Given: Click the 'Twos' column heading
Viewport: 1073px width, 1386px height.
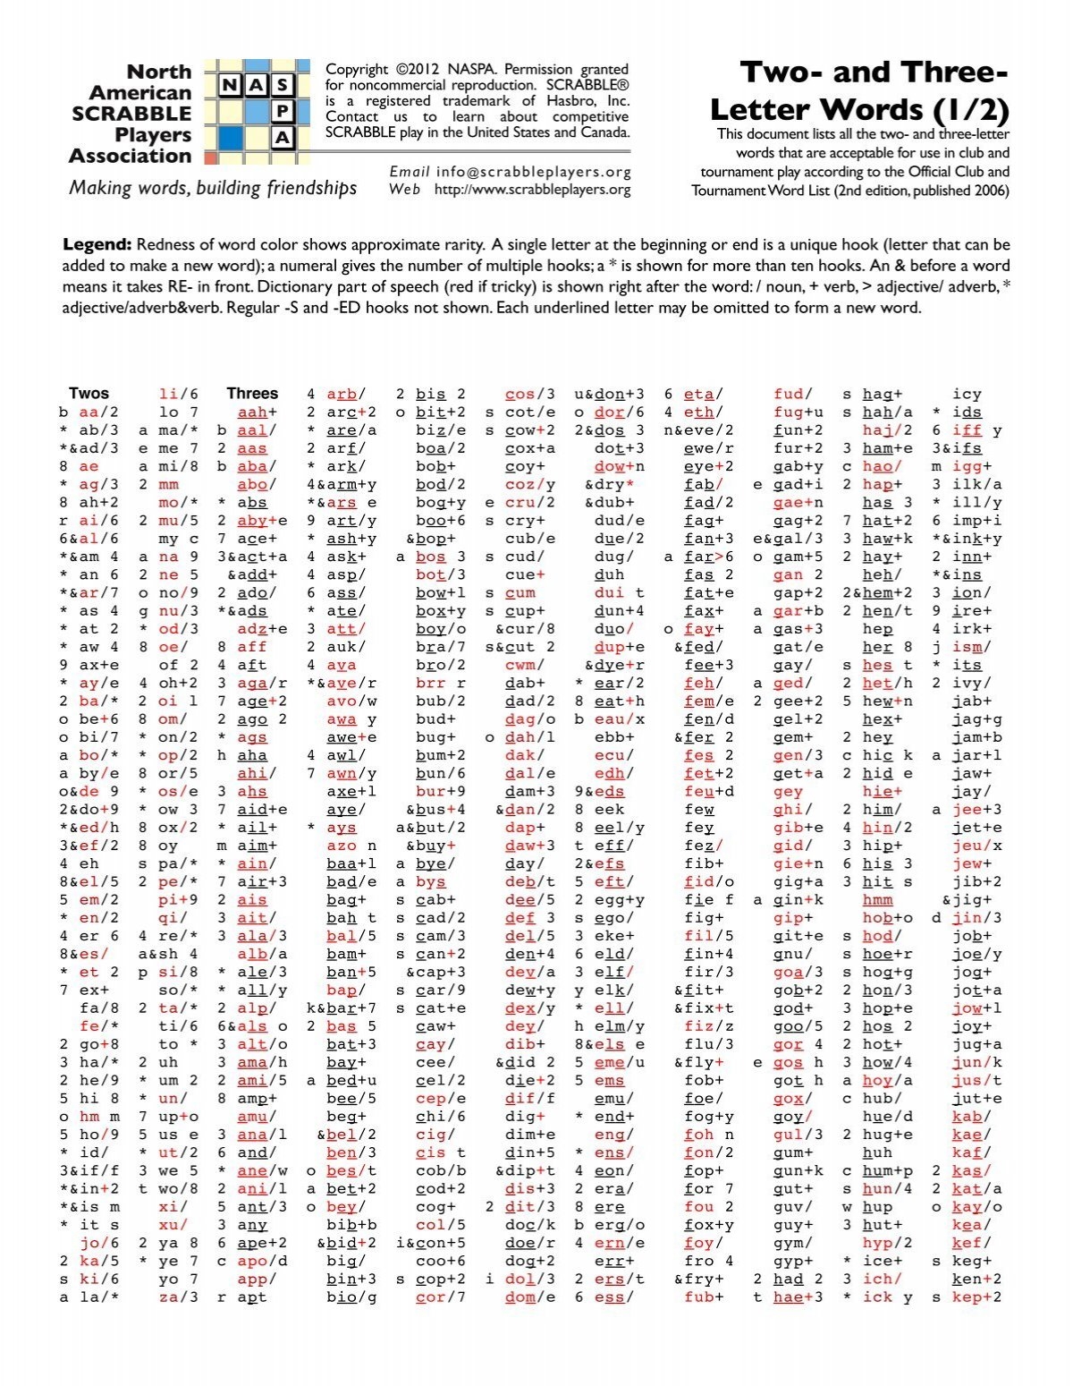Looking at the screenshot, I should point(89,393).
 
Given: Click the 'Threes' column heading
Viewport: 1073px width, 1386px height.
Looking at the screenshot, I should point(252,393).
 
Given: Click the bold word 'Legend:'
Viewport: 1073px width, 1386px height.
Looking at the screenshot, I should point(97,244).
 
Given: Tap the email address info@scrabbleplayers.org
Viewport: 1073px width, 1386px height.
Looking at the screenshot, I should point(534,172).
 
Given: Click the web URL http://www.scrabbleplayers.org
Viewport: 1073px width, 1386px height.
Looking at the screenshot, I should point(532,190).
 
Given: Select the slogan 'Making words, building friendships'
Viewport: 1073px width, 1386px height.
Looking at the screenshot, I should point(213,188).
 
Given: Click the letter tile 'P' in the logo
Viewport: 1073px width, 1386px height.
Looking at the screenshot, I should point(283,111).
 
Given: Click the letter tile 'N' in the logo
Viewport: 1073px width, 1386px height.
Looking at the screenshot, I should point(231,85).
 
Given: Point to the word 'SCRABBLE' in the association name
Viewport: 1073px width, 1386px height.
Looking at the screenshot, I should point(131,114).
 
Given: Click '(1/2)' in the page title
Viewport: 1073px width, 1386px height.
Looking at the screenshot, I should point(971,110).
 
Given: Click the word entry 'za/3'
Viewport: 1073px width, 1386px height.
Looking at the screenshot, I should point(178,1297).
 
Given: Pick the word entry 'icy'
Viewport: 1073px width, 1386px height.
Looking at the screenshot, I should point(967,394).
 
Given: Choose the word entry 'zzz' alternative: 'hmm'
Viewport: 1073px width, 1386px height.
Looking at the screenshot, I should point(877,899).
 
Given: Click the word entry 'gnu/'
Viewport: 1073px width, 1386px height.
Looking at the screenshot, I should point(792,954).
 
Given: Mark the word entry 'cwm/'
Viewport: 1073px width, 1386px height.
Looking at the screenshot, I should point(524,665).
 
